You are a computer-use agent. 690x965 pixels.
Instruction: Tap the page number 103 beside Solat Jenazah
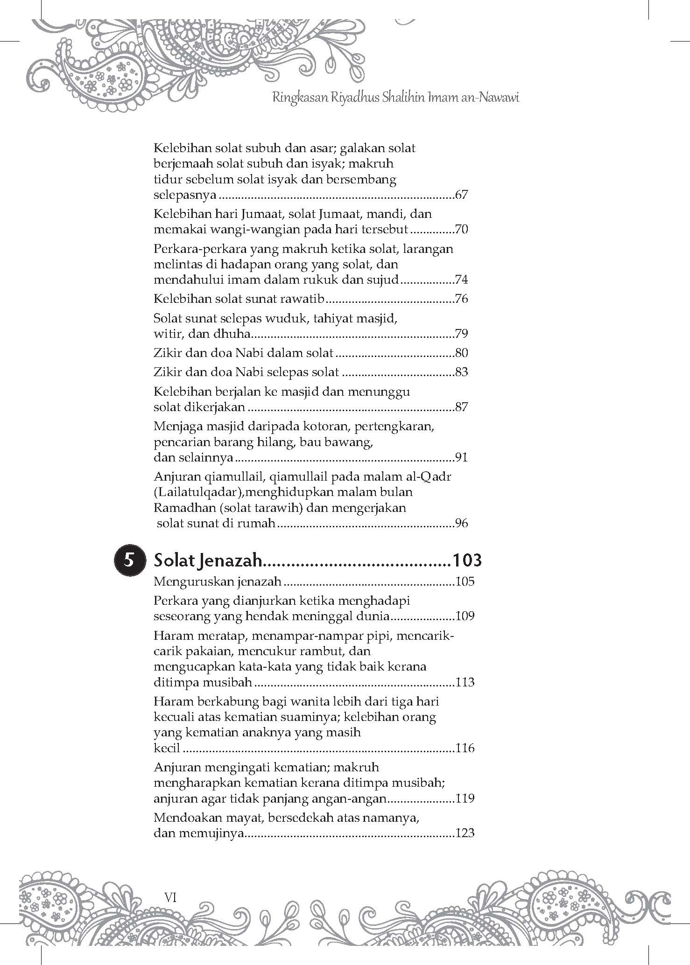pos(466,560)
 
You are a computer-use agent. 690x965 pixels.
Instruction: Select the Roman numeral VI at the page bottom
pos(169,896)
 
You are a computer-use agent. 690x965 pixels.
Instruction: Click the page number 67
pos(461,195)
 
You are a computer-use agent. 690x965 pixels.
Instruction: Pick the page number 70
pos(461,230)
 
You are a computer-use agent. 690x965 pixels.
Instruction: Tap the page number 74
pos(461,280)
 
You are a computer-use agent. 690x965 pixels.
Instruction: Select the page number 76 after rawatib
pos(461,299)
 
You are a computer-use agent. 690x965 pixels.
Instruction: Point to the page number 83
pos(461,372)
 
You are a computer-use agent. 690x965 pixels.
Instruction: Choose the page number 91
pos(461,457)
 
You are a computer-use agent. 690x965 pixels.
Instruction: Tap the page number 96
pos(461,523)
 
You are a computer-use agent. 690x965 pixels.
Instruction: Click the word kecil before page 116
pos(167,748)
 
